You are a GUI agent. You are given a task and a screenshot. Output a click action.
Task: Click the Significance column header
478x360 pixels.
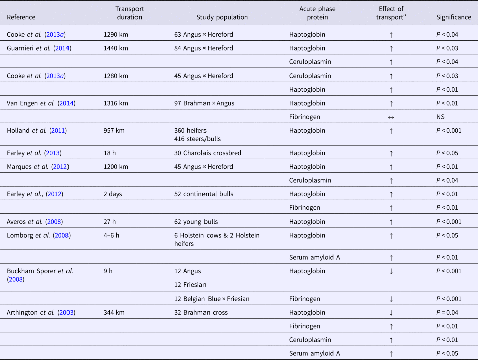(x=453, y=17)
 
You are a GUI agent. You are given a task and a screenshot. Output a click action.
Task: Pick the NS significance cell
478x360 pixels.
(x=441, y=117)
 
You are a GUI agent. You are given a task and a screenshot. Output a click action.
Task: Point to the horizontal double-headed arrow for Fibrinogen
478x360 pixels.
(x=391, y=117)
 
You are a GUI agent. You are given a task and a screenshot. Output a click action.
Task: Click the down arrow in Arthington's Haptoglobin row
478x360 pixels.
(x=391, y=313)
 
